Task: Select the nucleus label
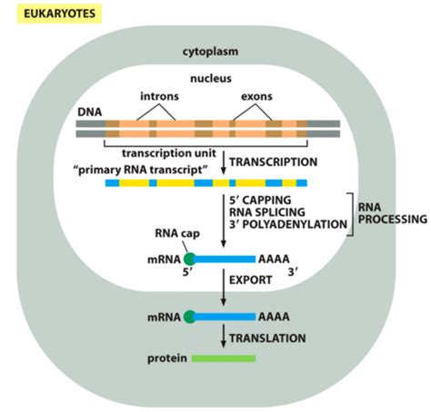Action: coord(215,79)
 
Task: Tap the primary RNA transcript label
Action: coord(137,169)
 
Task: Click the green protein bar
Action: coord(224,358)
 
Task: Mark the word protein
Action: coord(166,358)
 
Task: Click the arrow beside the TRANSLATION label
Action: coord(223,337)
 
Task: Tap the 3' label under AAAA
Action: coord(293,270)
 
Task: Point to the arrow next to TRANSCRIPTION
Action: coord(223,162)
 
